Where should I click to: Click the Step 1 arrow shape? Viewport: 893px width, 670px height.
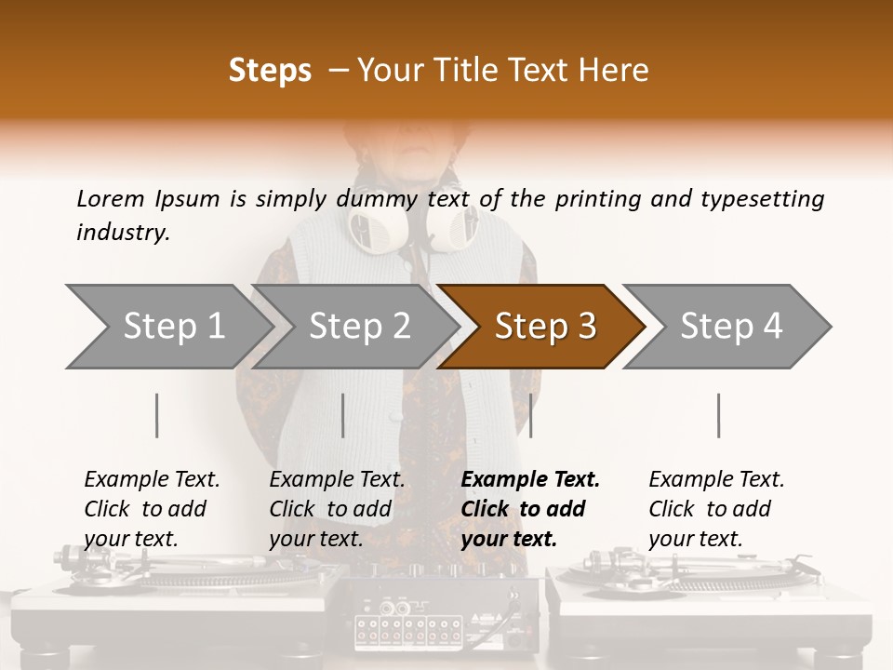[167, 327]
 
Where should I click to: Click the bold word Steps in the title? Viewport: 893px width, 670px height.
[270, 71]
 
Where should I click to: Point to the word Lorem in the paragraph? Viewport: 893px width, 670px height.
[111, 198]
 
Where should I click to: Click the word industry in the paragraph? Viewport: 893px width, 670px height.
[122, 232]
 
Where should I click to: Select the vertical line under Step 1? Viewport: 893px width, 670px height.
[157, 415]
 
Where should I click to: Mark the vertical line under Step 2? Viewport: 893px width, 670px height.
[343, 415]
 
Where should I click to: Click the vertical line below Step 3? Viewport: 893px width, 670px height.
[530, 415]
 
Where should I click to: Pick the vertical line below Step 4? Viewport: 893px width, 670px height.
[718, 415]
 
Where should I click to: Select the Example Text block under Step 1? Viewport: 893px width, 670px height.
[151, 509]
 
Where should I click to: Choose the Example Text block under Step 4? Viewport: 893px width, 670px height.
[715, 509]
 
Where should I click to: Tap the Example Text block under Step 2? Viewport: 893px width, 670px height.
[336, 509]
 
